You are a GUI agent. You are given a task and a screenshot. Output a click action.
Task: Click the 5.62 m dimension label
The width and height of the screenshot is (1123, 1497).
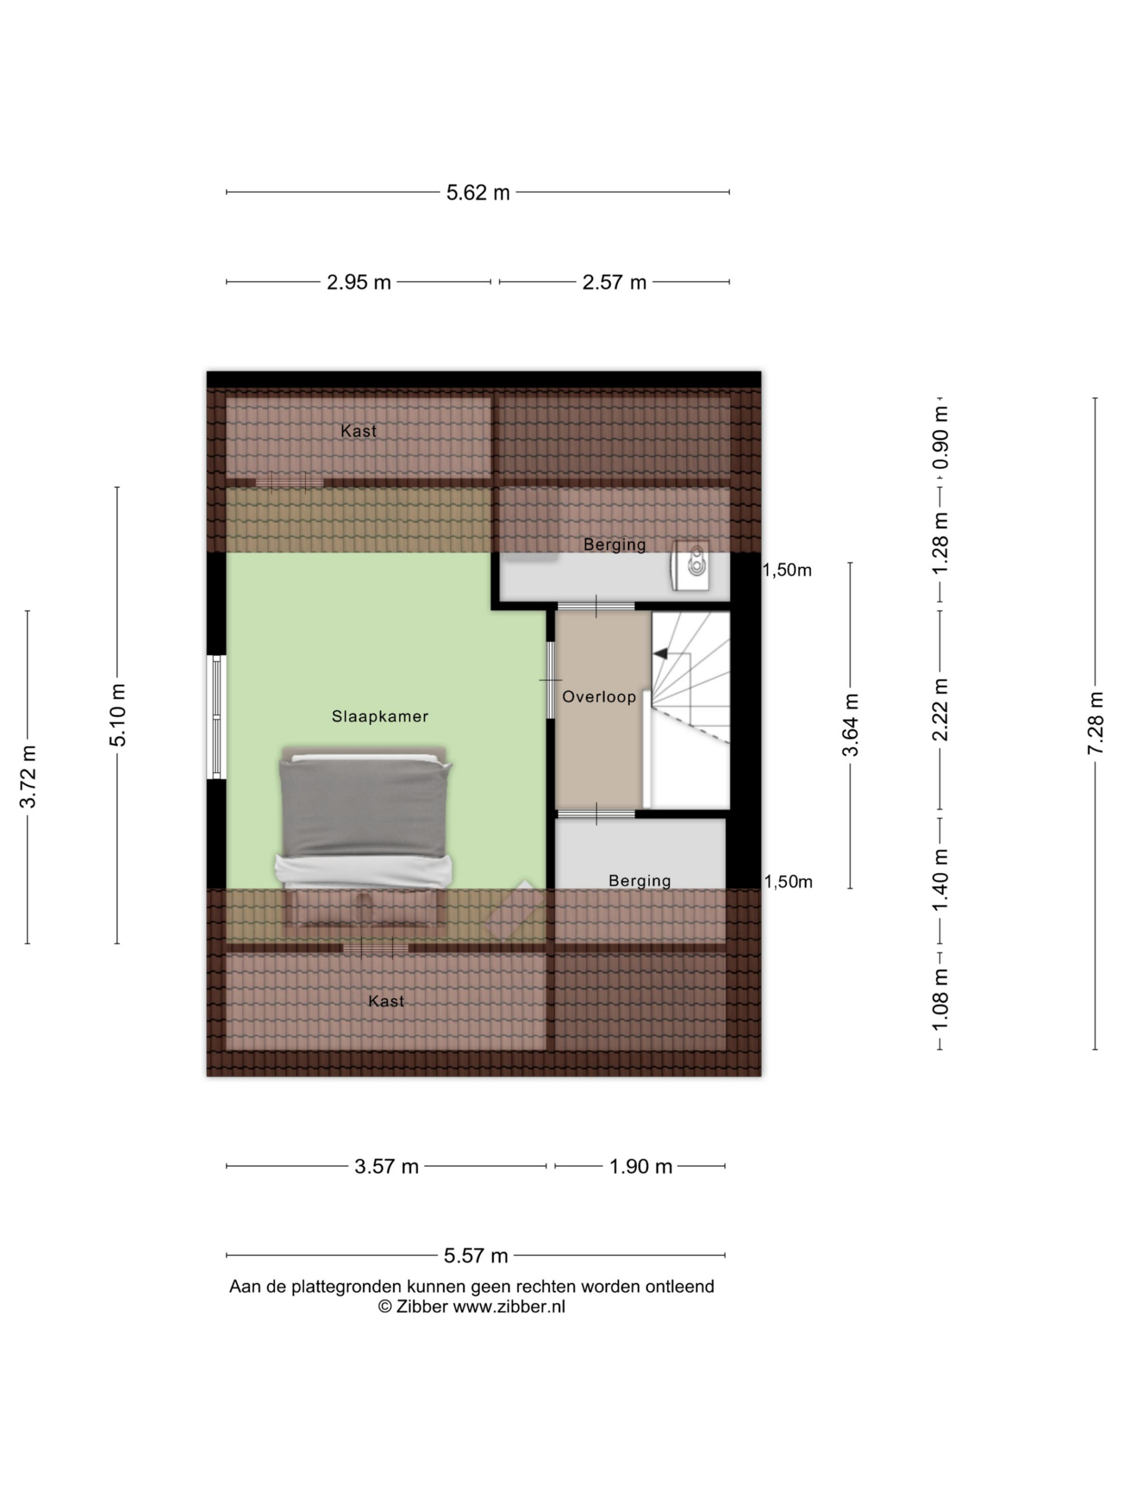477,193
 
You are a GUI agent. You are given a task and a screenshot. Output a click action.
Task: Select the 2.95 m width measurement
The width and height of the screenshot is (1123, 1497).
359,282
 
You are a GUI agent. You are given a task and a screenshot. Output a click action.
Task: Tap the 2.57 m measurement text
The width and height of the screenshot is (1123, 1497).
614,282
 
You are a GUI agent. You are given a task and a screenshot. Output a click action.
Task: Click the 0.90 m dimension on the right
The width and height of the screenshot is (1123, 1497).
941,438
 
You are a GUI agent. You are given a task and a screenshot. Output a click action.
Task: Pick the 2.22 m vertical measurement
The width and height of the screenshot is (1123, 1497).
941,709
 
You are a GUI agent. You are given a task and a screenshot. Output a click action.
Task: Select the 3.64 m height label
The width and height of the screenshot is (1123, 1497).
850,725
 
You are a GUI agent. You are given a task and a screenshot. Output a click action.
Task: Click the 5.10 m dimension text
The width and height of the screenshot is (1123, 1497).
118,715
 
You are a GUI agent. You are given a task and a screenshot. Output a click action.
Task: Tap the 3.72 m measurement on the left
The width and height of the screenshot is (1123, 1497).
27,777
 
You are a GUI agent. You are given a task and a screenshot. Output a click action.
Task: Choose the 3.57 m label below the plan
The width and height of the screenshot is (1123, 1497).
387,1166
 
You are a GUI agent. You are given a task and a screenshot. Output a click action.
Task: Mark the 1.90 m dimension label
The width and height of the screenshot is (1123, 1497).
640,1166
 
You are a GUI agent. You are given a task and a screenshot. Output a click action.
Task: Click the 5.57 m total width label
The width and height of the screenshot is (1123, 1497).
475,1256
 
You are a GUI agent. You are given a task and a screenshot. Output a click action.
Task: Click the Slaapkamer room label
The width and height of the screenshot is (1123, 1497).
380,716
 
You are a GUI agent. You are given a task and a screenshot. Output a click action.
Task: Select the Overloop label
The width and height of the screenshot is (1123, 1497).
599,696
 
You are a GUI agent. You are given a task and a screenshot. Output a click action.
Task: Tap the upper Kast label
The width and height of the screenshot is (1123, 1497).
358,431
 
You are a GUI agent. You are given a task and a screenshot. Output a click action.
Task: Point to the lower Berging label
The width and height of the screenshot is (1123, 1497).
639,881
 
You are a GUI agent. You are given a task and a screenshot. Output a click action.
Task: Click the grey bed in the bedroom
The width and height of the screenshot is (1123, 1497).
364,822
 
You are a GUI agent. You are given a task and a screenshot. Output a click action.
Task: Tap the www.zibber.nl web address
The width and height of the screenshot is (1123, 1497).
508,1307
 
